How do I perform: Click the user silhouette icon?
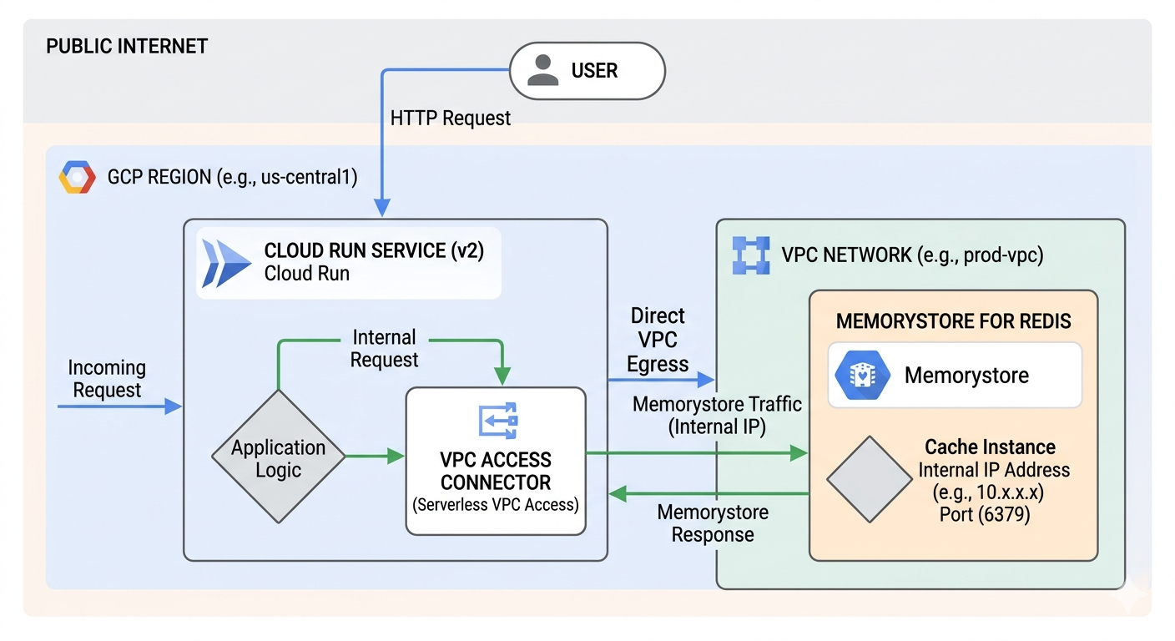click(543, 71)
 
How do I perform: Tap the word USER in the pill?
click(594, 71)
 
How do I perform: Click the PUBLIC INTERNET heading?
click(127, 46)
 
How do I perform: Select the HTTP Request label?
click(451, 119)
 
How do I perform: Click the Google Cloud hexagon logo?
click(77, 178)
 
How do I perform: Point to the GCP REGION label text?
click(233, 178)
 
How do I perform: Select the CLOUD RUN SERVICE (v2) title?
click(374, 250)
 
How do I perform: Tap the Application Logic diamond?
click(278, 457)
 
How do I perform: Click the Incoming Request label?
click(107, 379)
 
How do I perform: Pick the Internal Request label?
click(384, 349)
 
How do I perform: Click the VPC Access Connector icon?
click(497, 421)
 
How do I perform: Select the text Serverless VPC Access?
click(496, 505)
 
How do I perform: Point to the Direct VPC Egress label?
click(658, 340)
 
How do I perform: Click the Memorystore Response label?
click(713, 523)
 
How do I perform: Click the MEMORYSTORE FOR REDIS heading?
click(953, 321)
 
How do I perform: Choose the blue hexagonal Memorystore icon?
click(859, 375)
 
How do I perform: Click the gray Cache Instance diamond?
click(869, 479)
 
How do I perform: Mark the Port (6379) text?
click(985, 514)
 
